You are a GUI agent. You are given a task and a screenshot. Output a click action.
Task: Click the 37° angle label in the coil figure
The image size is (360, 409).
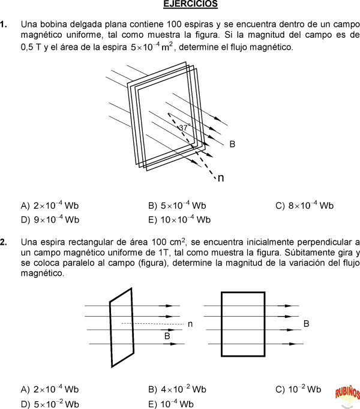click(184, 127)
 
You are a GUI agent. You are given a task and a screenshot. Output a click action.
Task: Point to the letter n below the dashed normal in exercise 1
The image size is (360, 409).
click(221, 178)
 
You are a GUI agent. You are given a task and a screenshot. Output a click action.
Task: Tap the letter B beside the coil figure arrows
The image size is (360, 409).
click(232, 144)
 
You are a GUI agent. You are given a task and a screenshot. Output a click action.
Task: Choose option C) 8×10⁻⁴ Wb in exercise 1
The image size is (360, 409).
click(304, 206)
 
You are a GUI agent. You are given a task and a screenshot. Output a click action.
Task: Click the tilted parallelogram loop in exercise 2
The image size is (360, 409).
click(121, 327)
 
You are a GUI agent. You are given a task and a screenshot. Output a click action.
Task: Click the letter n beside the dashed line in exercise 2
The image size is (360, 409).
click(190, 324)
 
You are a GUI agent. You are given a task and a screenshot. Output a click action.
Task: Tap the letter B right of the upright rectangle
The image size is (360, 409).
click(306, 324)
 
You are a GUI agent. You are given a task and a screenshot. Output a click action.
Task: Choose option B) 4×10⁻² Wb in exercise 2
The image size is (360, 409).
click(177, 389)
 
